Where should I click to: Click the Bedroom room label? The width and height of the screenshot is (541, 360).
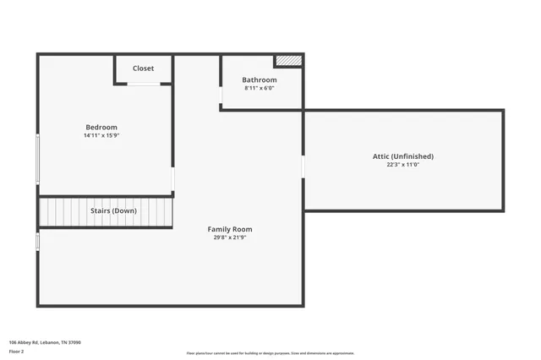tap(101, 127)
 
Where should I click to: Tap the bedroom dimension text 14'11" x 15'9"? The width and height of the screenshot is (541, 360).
tap(101, 135)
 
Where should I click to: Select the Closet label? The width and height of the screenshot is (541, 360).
tap(143, 68)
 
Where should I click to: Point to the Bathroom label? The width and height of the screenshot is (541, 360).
tap(260, 80)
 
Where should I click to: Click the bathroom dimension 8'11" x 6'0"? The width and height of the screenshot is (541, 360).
tap(260, 88)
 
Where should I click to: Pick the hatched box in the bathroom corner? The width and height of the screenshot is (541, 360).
tap(287, 61)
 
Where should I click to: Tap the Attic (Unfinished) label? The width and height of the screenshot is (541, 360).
tap(403, 156)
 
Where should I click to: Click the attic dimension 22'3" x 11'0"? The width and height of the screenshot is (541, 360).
tap(403, 165)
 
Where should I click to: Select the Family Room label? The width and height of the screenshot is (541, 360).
tap(230, 229)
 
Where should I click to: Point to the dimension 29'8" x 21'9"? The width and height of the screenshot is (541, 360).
tap(230, 237)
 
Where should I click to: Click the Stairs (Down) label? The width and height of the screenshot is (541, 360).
tap(114, 210)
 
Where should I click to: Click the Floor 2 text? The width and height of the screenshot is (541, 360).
tap(17, 350)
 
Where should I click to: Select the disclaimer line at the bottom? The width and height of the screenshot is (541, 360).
tap(270, 353)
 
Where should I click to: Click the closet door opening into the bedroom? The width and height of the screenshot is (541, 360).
tap(144, 84)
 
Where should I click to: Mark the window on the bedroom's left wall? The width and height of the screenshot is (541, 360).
tap(38, 158)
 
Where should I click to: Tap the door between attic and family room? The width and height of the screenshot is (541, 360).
tap(303, 167)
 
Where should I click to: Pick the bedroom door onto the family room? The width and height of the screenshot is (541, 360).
tap(172, 179)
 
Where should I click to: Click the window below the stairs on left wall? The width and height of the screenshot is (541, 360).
tap(38, 242)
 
